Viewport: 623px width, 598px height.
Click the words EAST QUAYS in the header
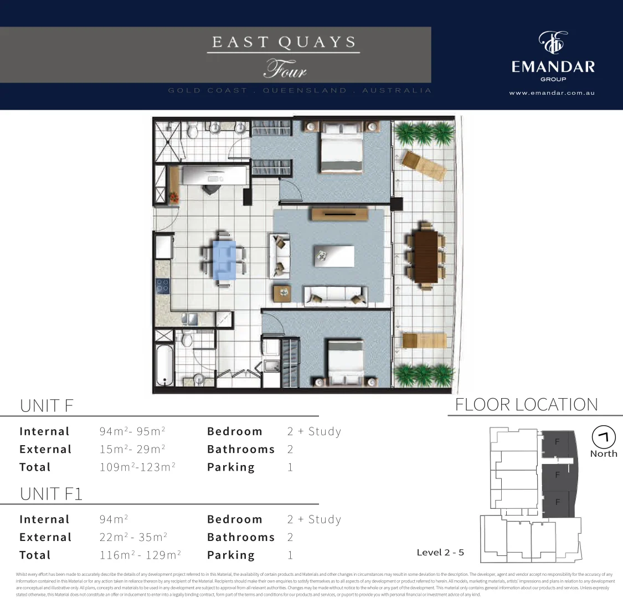(x=284, y=43)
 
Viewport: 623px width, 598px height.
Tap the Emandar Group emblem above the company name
(x=553, y=43)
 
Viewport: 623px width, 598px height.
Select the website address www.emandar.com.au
(x=552, y=93)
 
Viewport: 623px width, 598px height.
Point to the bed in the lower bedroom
(x=345, y=363)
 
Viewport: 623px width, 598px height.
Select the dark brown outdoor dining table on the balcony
(x=425, y=255)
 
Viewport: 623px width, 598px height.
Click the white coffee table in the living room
(x=334, y=256)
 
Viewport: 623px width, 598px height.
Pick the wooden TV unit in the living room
(x=340, y=214)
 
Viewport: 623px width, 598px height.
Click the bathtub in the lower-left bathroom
(x=164, y=365)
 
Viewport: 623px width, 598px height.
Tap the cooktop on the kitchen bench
(x=162, y=286)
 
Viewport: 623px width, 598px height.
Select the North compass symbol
(x=603, y=437)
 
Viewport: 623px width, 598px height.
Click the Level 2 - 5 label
(x=440, y=552)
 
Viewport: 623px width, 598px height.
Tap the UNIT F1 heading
(x=51, y=493)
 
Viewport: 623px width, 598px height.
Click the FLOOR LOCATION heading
(x=526, y=405)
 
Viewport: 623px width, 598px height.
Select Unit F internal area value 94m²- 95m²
(x=132, y=431)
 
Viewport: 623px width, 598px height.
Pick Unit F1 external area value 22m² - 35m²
(x=133, y=537)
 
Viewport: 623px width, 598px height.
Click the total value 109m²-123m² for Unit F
(x=137, y=467)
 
